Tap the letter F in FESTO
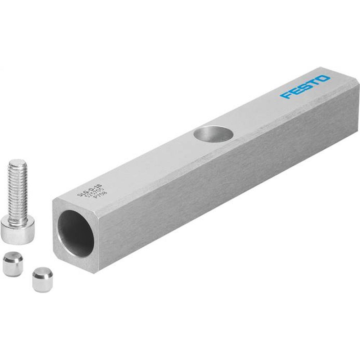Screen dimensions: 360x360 [287, 95]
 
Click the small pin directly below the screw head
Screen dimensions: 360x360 [13, 264]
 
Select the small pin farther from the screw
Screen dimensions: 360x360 [42, 279]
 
